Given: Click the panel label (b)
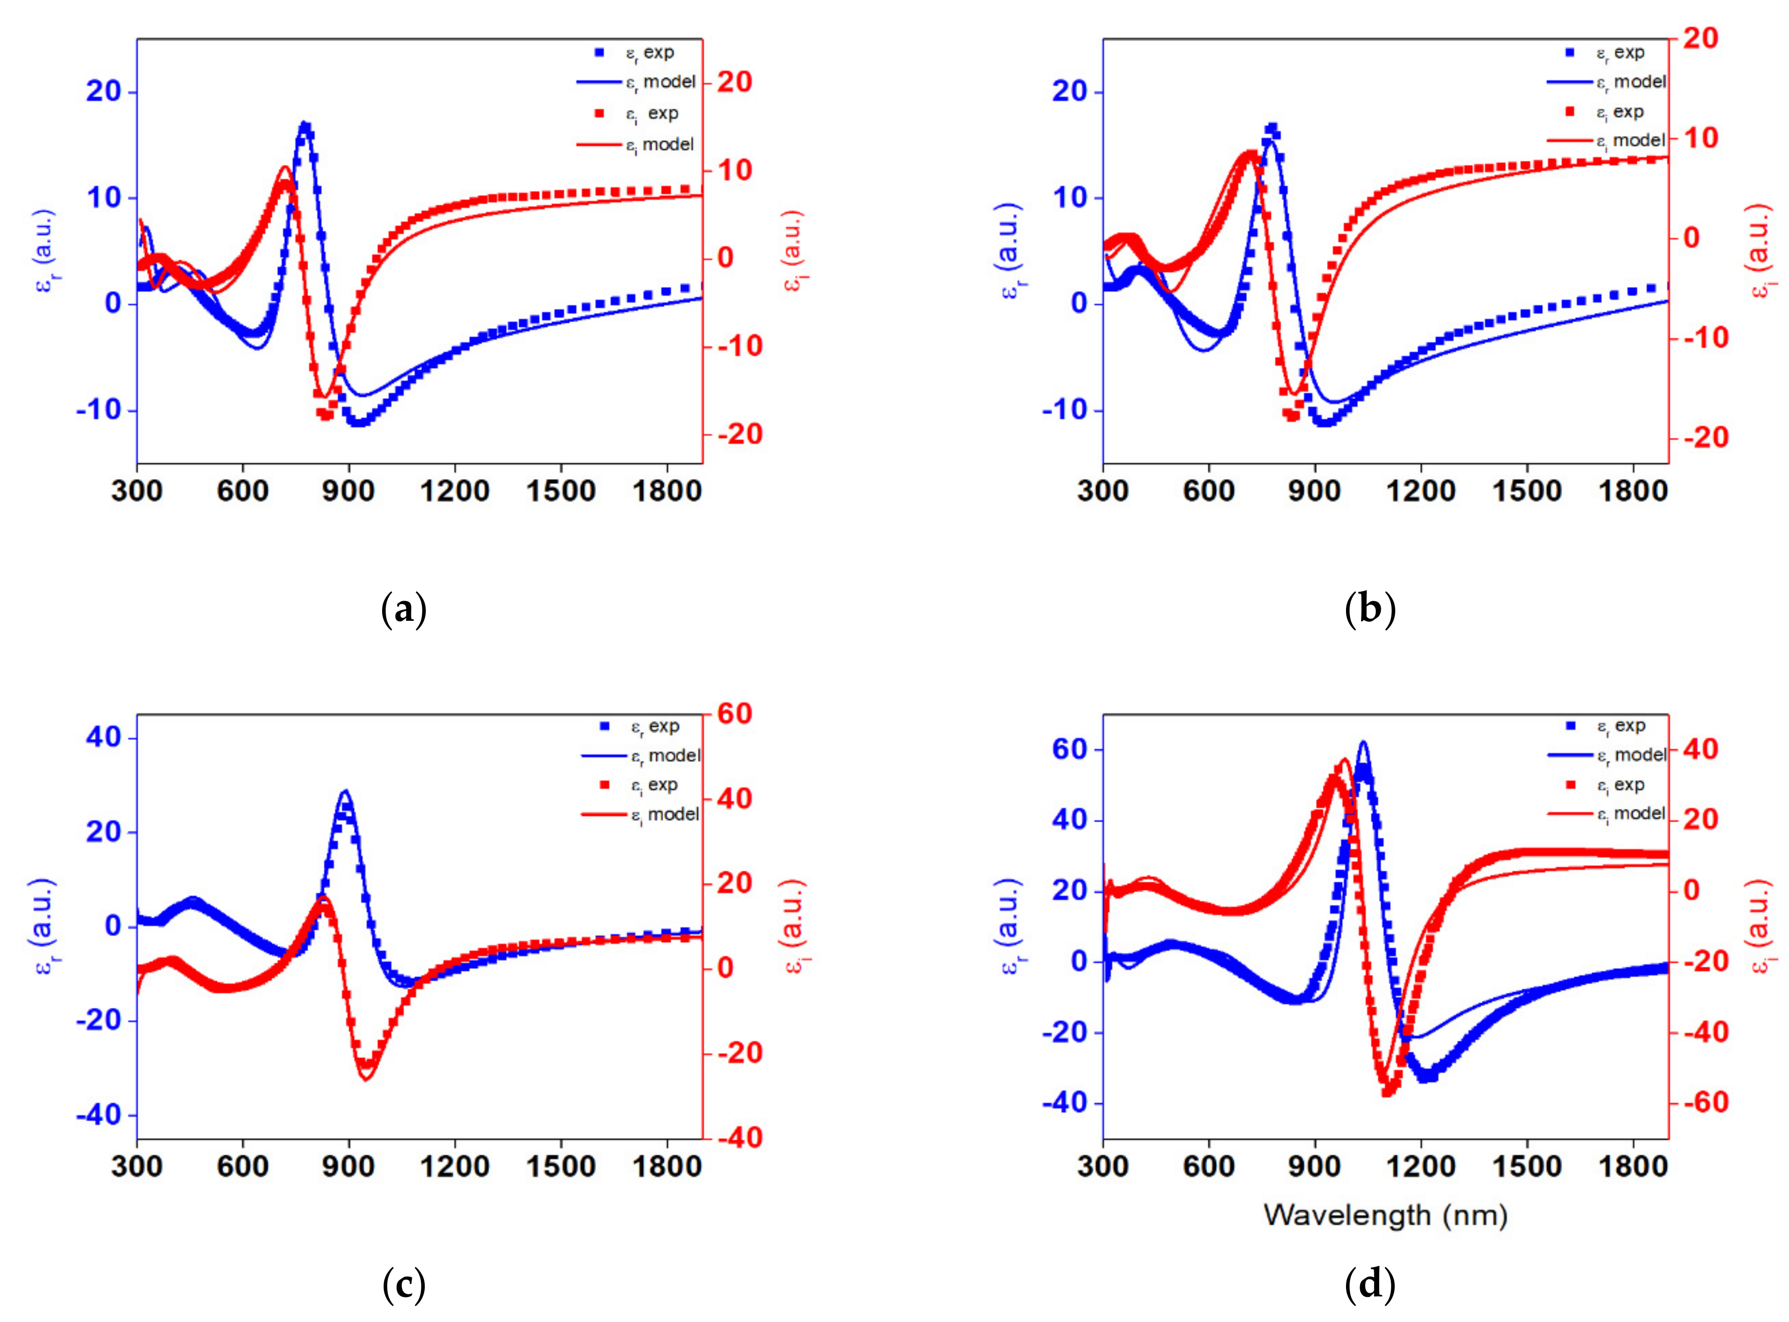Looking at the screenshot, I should (1370, 610).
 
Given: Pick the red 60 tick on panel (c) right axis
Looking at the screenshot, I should (735, 714).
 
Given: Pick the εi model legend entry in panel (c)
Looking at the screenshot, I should (664, 815).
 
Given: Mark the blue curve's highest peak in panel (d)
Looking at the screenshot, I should (1362, 742).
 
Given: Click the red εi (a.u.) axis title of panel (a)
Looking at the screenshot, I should (792, 250).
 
